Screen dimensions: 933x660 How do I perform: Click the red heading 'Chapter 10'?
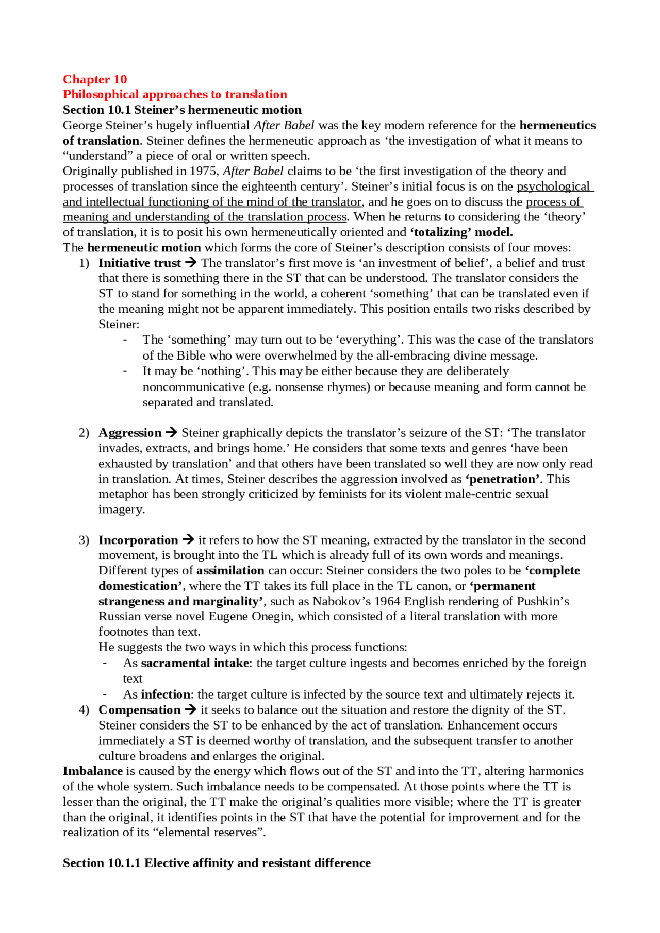(95, 79)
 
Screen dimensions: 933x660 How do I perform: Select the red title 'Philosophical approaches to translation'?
(175, 95)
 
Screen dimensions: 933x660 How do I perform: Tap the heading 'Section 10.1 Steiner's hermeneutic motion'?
(182, 110)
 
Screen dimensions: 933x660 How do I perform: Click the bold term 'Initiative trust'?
(139, 263)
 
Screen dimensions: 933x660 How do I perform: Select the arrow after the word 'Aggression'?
(172, 433)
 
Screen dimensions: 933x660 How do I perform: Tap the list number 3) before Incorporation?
(84, 540)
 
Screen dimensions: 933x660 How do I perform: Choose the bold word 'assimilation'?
(230, 570)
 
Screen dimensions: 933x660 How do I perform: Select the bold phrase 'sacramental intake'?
(195, 663)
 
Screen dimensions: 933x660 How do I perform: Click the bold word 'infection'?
(166, 694)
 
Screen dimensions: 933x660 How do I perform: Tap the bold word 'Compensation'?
(139, 710)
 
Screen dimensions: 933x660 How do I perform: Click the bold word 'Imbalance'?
(93, 771)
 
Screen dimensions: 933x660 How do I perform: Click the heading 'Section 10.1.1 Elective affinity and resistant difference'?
(217, 863)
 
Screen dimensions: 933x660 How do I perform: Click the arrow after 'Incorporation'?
(189, 540)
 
